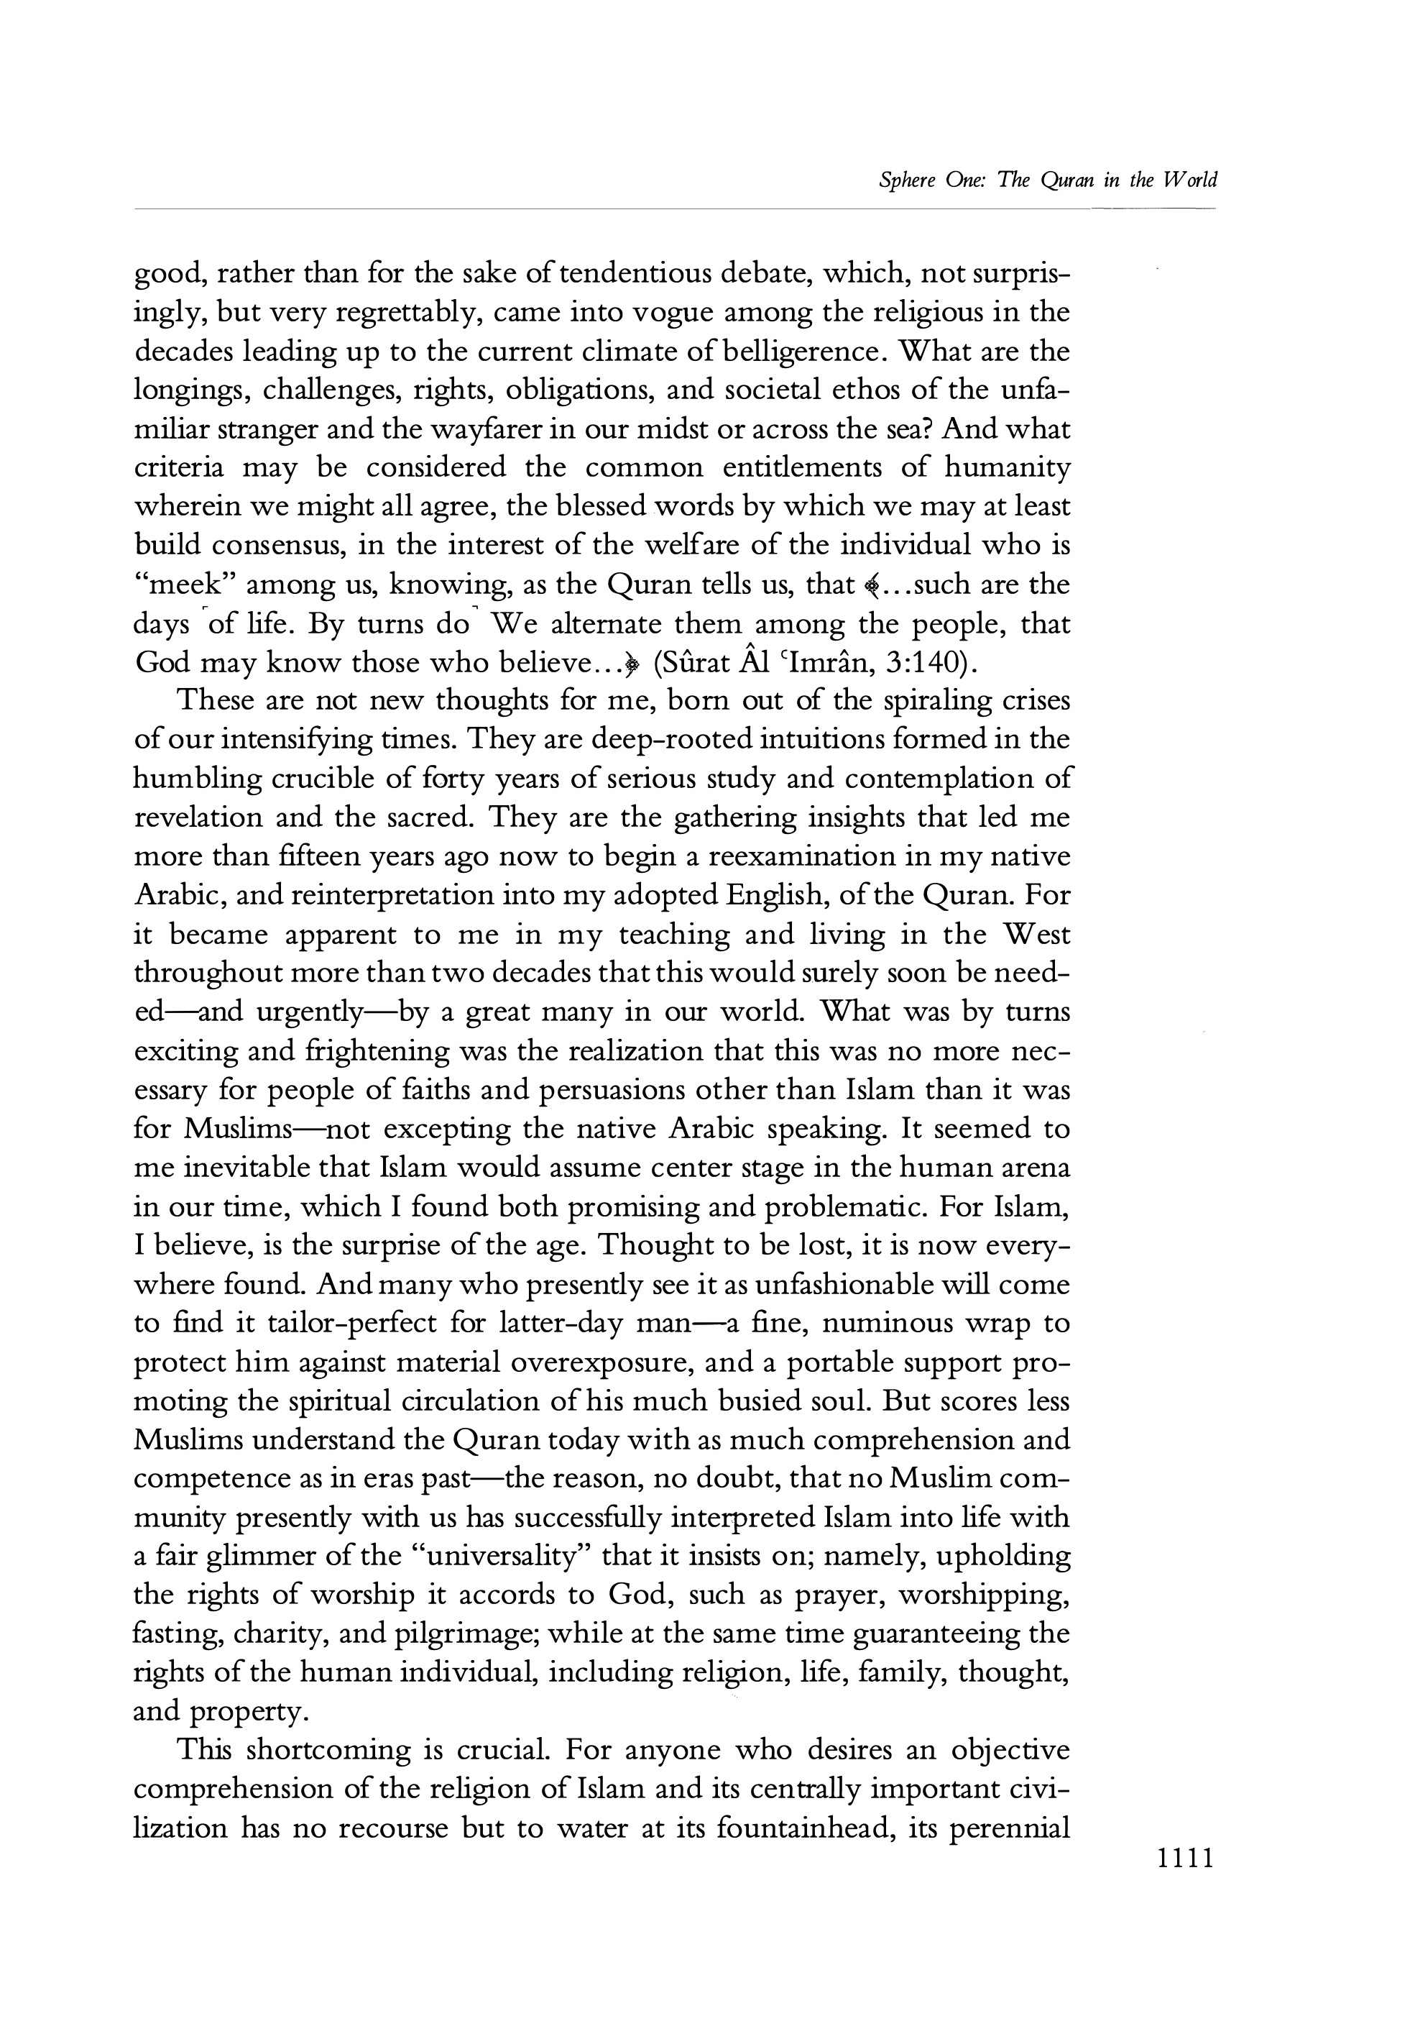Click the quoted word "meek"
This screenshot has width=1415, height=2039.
coord(183,585)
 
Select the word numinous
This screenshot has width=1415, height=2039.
coord(888,1324)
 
